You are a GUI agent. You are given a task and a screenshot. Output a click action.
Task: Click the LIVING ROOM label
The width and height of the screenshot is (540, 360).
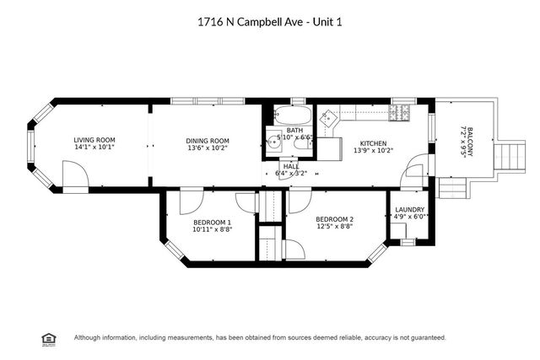point(94,140)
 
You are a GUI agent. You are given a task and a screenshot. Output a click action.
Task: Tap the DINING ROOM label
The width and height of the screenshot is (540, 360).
point(208,141)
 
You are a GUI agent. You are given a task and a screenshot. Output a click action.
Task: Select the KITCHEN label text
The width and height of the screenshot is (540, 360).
point(372,143)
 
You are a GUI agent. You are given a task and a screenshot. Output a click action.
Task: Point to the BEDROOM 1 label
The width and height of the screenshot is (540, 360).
point(212,222)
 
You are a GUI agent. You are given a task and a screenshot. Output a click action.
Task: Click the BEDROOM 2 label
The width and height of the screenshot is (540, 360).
point(336,220)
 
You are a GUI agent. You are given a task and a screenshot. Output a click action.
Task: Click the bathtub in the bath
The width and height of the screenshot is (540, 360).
point(294,116)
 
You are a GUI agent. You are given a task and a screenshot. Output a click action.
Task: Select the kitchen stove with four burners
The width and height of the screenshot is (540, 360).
point(400,113)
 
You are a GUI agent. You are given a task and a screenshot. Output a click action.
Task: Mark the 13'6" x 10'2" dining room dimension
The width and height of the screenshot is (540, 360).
point(208,148)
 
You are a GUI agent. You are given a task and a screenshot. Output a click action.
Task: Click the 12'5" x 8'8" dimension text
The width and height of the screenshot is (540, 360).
point(336,228)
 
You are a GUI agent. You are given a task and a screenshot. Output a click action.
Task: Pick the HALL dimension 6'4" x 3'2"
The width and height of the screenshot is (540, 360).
point(291,174)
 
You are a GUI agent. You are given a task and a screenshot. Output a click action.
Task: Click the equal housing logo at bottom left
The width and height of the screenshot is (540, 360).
point(48,337)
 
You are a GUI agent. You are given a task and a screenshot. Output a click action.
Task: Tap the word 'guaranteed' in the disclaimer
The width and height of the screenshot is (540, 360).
point(424,337)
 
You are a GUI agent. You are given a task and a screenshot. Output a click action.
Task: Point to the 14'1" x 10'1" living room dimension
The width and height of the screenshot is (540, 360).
point(94,148)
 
